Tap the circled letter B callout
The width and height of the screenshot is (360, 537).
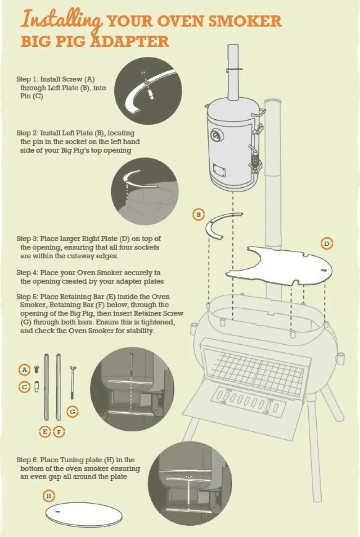pos(198,215)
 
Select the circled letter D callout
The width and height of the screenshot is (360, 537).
pos(327,244)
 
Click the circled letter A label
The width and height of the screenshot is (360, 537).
pos(25,370)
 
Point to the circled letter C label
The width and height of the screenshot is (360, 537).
pos(25,386)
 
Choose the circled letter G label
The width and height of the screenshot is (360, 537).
pos(72,411)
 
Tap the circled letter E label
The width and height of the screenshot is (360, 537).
pos(45,432)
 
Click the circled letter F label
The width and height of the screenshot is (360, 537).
pos(59,432)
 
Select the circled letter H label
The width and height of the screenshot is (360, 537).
pos(49,496)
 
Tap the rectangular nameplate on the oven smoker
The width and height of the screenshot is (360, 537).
pos(220,171)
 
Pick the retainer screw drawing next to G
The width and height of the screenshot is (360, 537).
pos(72,383)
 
